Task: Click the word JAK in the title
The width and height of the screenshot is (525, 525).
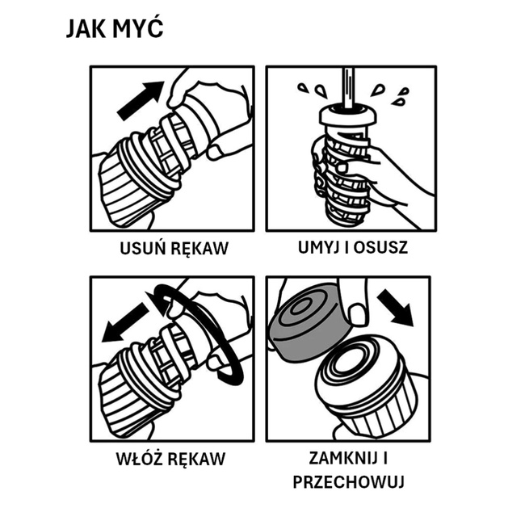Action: [x=86, y=29]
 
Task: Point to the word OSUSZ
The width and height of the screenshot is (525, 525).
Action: [x=380, y=247]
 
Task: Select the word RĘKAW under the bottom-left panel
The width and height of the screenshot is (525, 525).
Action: [x=196, y=459]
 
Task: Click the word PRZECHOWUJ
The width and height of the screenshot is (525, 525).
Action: [x=349, y=482]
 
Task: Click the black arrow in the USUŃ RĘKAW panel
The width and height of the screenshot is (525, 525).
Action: [x=141, y=100]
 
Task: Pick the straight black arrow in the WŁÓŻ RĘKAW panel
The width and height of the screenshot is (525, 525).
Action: [x=125, y=322]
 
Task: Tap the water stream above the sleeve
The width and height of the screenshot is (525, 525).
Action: [x=348, y=88]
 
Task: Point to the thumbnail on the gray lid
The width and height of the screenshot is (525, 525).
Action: [x=358, y=314]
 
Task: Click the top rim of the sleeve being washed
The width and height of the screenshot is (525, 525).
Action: [x=346, y=115]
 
